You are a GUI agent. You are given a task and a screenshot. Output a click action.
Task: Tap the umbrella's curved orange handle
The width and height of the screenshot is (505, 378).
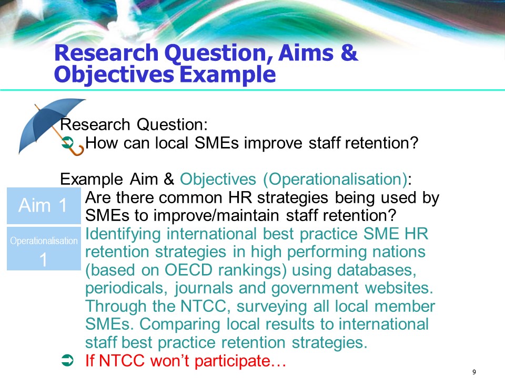(77, 151)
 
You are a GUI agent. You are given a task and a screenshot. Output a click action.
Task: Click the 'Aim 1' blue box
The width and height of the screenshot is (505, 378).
(43, 206)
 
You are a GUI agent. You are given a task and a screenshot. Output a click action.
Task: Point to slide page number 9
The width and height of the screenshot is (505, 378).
(474, 372)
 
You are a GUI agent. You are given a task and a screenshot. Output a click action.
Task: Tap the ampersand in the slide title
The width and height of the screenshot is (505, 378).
(334, 54)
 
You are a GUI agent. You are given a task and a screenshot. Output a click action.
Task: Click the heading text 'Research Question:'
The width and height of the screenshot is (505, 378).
(135, 125)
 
